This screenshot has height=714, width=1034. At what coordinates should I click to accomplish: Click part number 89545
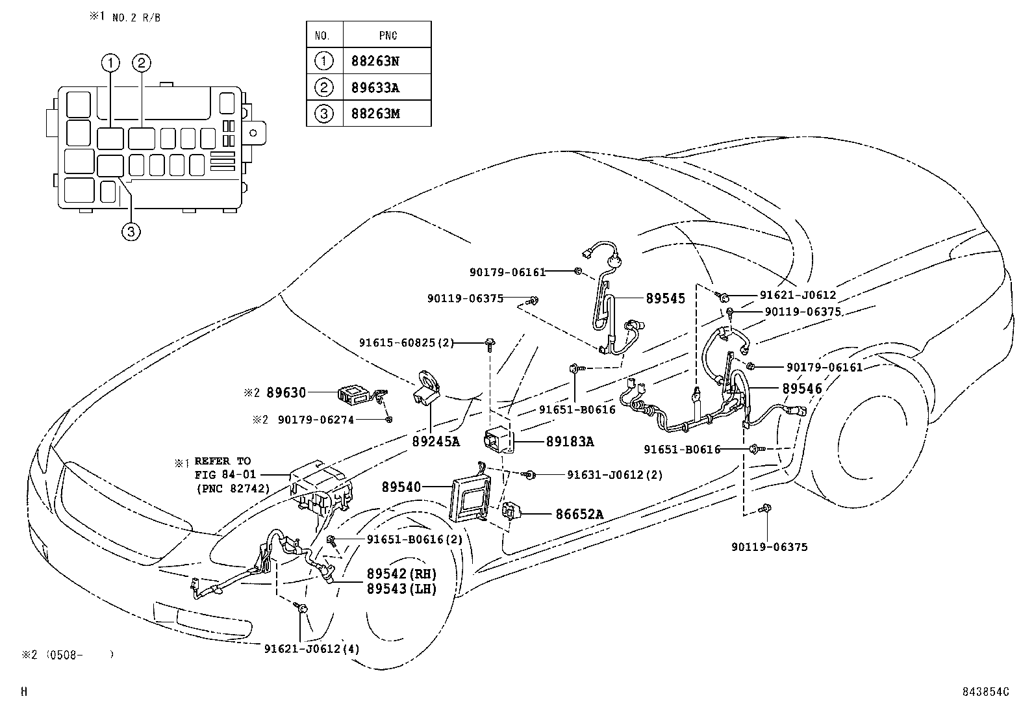coord(665,299)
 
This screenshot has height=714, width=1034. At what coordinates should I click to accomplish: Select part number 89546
coord(802,389)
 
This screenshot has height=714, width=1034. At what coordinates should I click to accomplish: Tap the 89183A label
coord(570,442)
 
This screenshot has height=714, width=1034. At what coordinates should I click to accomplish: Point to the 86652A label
coord(579,515)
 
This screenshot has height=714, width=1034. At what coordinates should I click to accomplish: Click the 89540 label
coord(401,487)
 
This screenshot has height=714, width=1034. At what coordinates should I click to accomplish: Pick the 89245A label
coord(435,442)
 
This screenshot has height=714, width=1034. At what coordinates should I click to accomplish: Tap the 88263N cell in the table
coord(375,61)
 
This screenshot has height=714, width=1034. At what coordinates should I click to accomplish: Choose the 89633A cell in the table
coord(375,88)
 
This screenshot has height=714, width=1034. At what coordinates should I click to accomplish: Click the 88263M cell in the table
coord(375,114)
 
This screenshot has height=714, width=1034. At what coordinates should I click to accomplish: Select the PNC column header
coord(388,35)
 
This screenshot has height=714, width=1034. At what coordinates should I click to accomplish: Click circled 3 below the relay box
coord(131,231)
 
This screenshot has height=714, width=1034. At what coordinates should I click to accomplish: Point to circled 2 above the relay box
coord(142,63)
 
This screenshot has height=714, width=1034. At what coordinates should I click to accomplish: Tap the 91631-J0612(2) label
coord(614,475)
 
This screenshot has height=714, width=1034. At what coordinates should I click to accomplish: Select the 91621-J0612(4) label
coord(312,648)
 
